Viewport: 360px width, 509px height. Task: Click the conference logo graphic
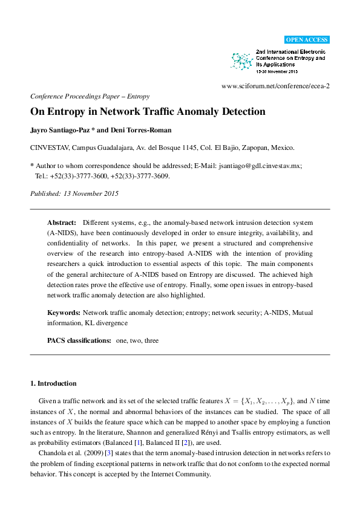[x=242, y=60]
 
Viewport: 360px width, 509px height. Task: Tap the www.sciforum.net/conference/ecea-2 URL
[x=276, y=86]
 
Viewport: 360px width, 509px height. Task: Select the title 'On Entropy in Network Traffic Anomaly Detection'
[x=148, y=112]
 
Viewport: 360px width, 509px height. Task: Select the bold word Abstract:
[x=62, y=222]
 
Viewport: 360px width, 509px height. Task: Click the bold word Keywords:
[x=64, y=313]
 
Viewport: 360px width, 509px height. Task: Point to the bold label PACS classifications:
[x=79, y=341]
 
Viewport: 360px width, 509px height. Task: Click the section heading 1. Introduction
[x=53, y=383]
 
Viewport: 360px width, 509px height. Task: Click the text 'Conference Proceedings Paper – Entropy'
[x=90, y=96]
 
